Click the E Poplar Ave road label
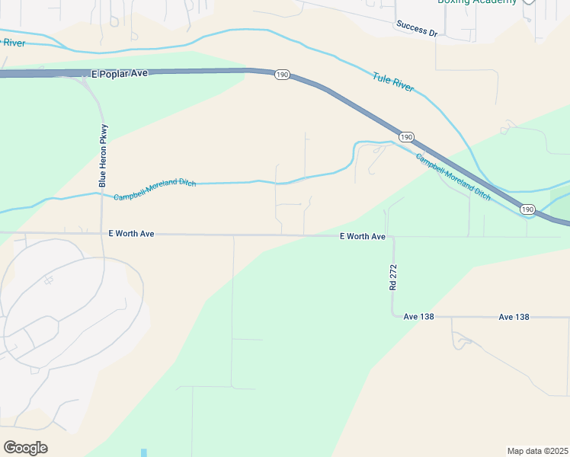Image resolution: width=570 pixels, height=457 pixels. point(119,74)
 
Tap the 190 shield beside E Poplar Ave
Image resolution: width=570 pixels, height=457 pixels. point(282,75)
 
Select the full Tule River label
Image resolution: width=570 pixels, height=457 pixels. point(393,82)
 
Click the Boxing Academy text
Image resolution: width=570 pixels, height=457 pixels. point(477,2)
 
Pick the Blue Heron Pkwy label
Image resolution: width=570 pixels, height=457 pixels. point(104,155)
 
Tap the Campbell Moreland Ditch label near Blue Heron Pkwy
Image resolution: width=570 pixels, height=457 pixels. point(155,190)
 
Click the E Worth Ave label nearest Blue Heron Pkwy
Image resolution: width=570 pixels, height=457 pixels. point(131,234)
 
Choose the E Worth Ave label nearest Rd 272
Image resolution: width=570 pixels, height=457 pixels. point(363,237)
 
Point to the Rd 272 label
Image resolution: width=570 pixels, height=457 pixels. point(393,277)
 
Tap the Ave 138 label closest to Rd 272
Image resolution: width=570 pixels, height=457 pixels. point(418,316)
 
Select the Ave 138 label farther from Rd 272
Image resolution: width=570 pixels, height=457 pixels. point(514,316)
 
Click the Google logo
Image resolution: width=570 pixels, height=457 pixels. point(25,448)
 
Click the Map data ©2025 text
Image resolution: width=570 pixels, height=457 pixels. point(537,451)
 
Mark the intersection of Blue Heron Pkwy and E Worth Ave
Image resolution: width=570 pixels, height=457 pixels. point(103,234)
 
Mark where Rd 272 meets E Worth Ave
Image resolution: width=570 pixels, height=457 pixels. point(392,237)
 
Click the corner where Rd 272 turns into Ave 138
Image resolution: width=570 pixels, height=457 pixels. point(393,315)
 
